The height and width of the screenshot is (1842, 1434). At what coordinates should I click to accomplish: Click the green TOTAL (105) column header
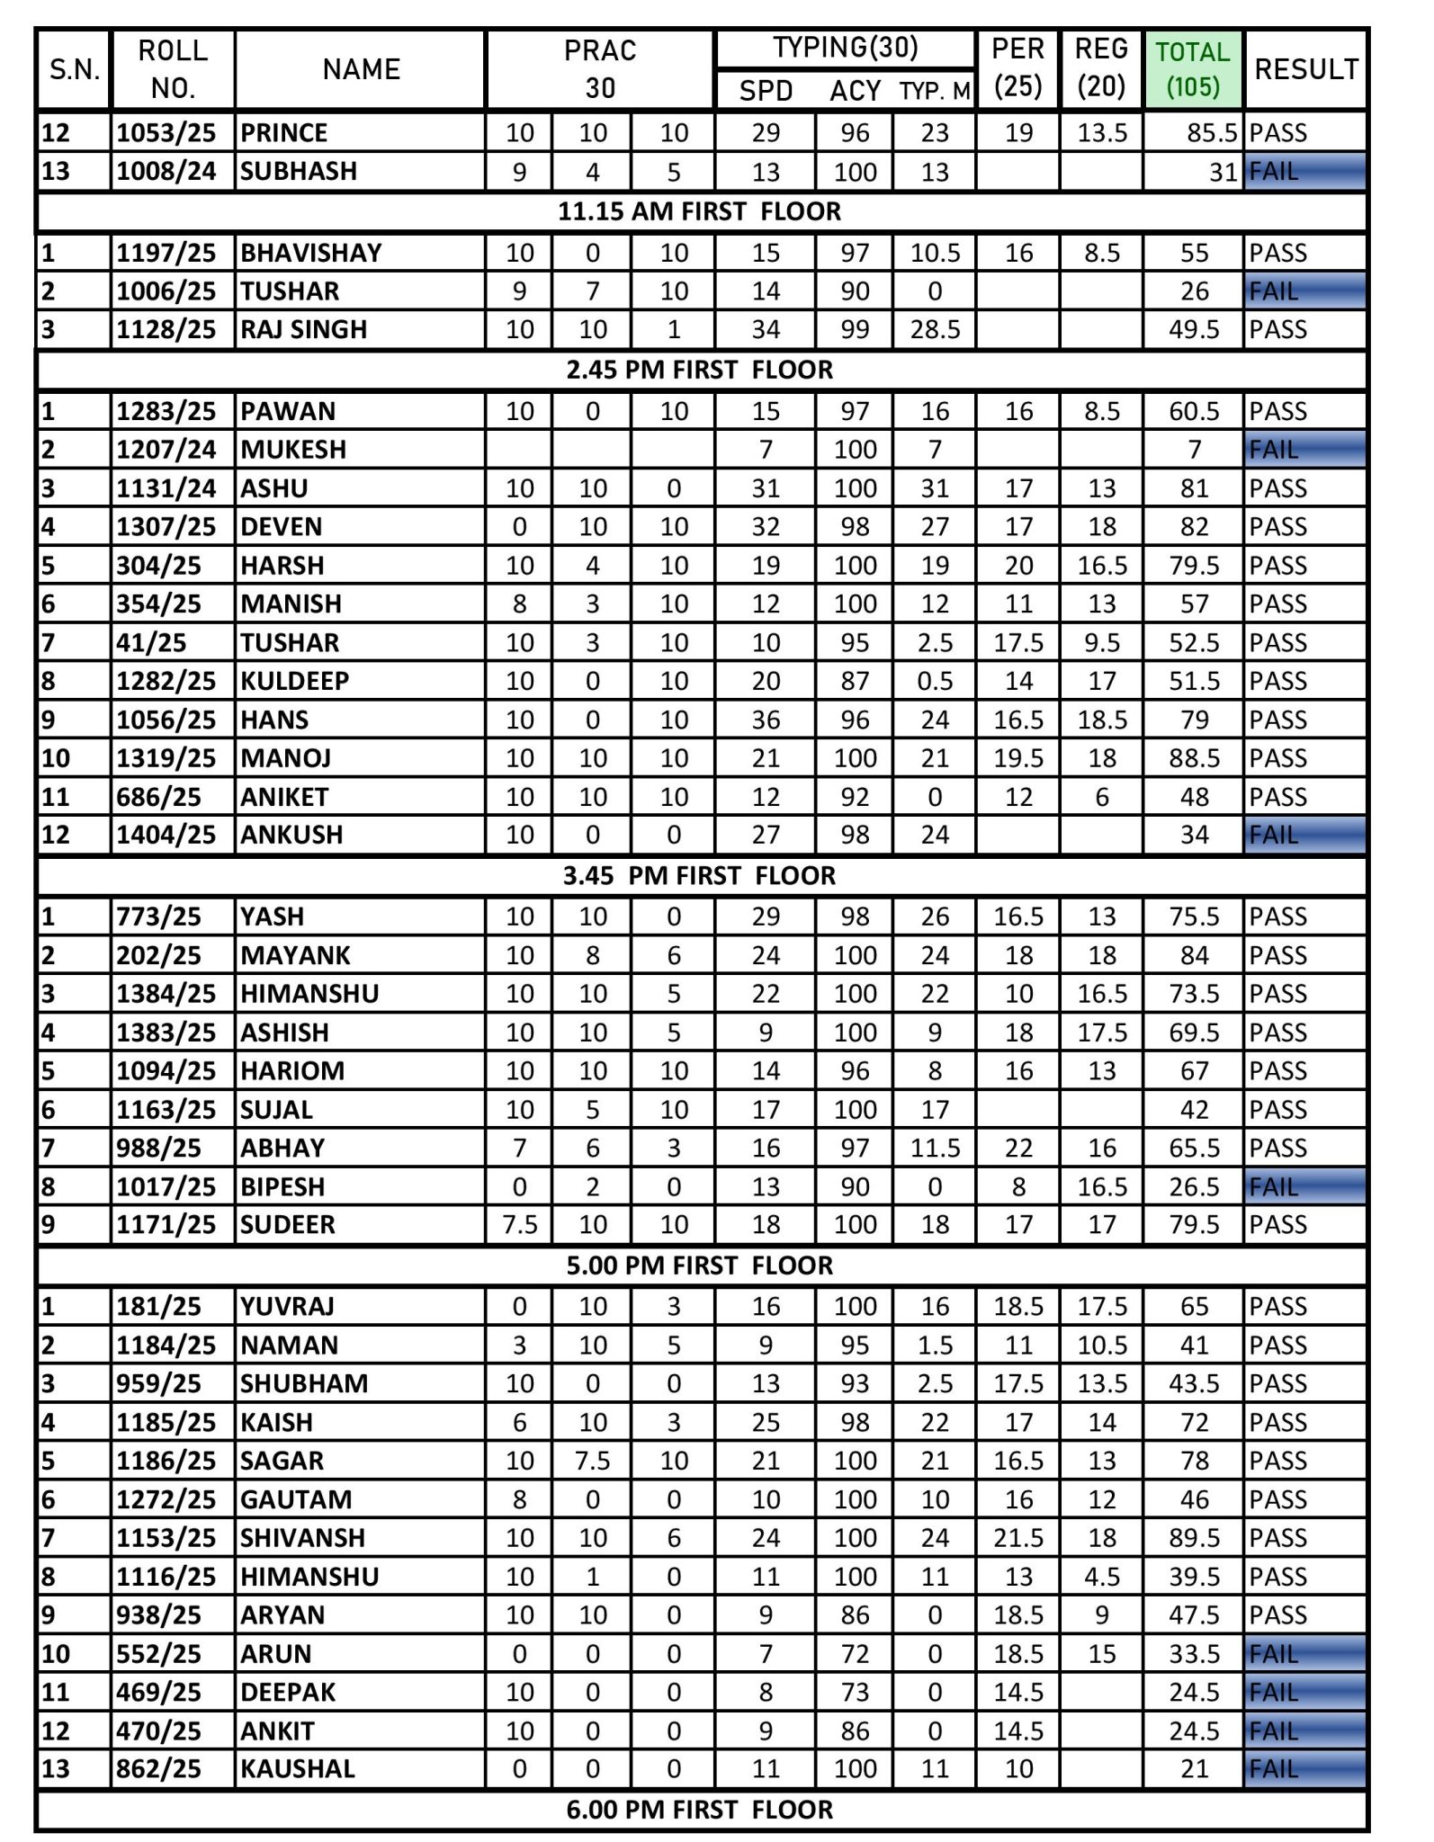[1193, 69]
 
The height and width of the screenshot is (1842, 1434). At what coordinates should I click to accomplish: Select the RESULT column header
[1305, 69]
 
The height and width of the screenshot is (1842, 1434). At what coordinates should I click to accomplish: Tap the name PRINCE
[283, 133]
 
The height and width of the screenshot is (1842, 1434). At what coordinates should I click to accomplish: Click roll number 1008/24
[166, 171]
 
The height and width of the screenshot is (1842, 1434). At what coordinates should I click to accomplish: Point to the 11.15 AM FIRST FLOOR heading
[699, 211]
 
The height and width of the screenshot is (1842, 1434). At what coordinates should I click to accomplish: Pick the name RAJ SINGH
[303, 329]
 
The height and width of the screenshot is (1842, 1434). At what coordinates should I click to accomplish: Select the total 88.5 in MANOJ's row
[1194, 758]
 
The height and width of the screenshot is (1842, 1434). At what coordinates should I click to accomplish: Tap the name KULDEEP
[294, 681]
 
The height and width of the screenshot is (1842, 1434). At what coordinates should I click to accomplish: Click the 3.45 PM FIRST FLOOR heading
[699, 875]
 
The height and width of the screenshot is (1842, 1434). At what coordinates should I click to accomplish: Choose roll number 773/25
[158, 917]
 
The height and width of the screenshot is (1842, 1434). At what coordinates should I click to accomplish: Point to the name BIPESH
[282, 1186]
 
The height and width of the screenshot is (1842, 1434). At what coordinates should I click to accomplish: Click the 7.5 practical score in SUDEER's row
[519, 1225]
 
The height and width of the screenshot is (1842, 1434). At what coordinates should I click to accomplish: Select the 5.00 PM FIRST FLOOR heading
[699, 1265]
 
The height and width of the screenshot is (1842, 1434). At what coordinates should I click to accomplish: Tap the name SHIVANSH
[302, 1538]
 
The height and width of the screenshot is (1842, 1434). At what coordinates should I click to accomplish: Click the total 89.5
[1194, 1538]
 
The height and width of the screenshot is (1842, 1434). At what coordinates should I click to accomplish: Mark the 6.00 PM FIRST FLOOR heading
[699, 1810]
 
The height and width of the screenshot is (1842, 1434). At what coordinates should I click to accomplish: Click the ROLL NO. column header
[172, 69]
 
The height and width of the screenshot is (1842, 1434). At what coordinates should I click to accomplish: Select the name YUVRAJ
[287, 1307]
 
